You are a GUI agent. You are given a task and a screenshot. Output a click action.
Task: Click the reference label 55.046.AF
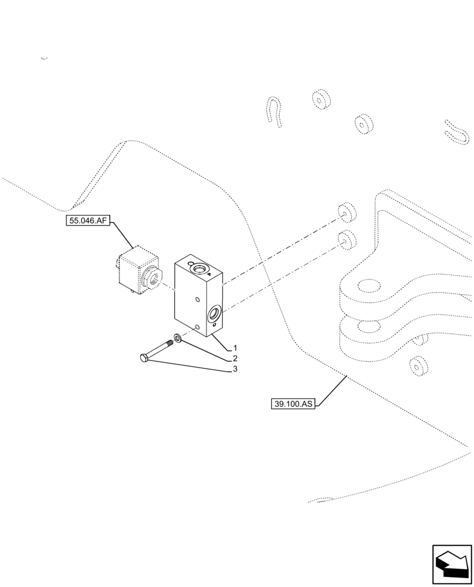88,221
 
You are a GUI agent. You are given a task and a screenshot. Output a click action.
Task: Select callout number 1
235,348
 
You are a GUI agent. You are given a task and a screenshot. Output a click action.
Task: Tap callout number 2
235,358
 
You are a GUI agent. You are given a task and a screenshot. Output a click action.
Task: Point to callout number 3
235,369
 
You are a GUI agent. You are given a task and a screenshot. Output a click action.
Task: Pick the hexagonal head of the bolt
144,357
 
